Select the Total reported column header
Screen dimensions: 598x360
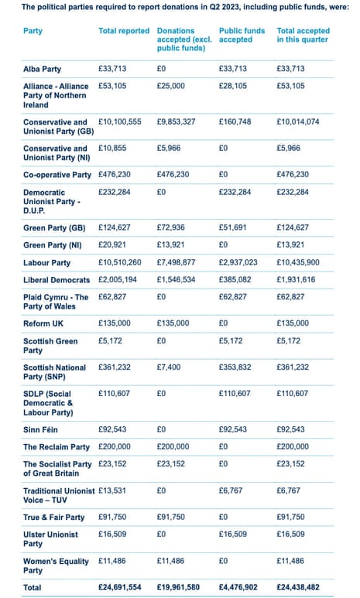(x=124, y=31)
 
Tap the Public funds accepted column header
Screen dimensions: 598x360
(x=242, y=36)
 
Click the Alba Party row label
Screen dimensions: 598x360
(x=46, y=69)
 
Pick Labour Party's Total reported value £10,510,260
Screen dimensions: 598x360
(x=120, y=262)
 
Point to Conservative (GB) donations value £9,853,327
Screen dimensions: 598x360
(x=180, y=122)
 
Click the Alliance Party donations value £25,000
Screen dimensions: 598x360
(x=173, y=87)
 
